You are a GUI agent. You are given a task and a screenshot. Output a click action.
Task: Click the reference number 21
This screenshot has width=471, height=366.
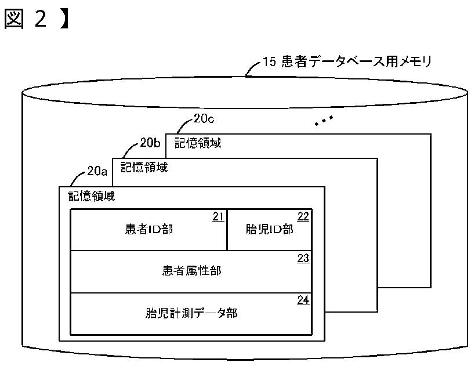[218, 216]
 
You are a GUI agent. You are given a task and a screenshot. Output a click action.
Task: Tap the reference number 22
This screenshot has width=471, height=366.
[303, 216]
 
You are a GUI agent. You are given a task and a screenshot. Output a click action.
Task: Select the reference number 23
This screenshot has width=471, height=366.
[303, 258]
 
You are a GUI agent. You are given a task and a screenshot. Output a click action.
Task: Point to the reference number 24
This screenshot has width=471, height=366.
[303, 300]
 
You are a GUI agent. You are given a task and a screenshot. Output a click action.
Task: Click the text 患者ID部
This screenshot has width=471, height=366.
[149, 229]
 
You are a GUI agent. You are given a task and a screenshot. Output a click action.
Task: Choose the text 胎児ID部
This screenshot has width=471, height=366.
[270, 229]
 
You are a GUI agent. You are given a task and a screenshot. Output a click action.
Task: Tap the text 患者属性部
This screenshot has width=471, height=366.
[191, 271]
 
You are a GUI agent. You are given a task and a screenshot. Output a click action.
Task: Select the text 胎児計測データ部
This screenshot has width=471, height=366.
[191, 313]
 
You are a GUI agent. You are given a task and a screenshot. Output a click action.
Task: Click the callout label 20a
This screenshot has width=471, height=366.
[97, 171]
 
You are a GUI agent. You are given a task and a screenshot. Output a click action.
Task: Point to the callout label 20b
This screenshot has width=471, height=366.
[150, 143]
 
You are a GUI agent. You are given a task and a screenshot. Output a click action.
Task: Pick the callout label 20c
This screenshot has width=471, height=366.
[204, 119]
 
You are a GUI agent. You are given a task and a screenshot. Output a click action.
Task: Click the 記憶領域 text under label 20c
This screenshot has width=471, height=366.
[198, 143]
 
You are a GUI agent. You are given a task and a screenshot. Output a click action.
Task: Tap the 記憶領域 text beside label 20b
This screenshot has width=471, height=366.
[144, 168]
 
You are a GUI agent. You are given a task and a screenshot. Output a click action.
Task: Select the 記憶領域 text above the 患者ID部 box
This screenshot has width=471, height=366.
[91, 196]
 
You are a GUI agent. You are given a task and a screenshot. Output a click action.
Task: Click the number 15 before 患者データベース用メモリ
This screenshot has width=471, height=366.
[269, 62]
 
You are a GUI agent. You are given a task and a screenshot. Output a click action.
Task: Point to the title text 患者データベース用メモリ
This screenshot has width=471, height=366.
[357, 61]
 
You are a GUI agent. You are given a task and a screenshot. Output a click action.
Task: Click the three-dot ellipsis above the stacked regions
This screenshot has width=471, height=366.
[324, 120]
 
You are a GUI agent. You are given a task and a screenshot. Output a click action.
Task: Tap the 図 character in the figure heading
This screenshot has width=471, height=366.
[14, 19]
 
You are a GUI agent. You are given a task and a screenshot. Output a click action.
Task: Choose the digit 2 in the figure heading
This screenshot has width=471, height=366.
[41, 19]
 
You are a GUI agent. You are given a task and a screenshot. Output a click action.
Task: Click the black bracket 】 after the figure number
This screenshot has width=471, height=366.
[64, 19]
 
